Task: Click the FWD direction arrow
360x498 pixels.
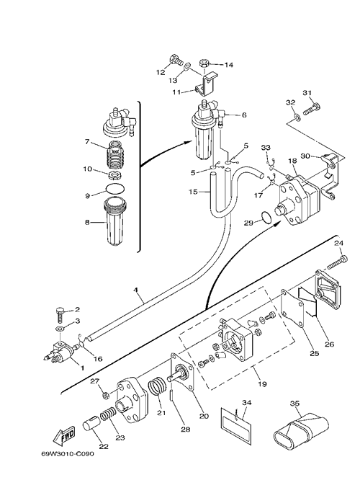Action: tap(63, 434)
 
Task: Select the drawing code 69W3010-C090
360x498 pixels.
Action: tap(68, 454)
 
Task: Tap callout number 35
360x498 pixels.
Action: tap(294, 404)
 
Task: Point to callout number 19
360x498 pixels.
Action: tap(262, 384)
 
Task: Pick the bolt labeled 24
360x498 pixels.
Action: tap(336, 268)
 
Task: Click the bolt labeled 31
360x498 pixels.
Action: tap(312, 109)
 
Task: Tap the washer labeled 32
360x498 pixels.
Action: tap(297, 117)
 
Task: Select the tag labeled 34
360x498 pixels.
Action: tap(235, 424)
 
